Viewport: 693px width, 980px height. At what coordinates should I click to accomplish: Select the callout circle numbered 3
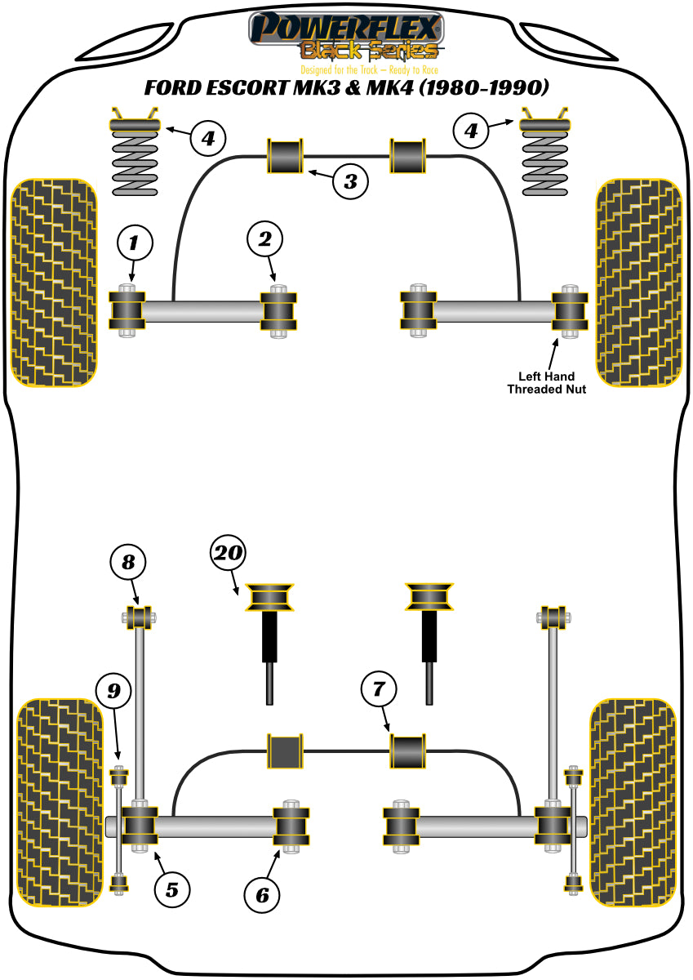(350, 180)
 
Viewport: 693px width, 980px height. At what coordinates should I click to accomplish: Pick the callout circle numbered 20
(229, 554)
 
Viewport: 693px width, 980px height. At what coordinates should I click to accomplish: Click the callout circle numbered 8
(129, 562)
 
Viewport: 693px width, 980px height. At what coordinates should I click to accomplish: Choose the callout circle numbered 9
(113, 692)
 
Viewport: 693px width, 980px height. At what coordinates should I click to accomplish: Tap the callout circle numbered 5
(171, 889)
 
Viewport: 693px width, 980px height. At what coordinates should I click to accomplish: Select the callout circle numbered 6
(262, 896)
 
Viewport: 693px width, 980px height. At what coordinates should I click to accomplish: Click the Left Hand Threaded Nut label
(547, 382)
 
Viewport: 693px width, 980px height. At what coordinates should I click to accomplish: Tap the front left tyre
(54, 281)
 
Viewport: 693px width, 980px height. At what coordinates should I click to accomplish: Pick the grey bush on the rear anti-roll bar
(285, 751)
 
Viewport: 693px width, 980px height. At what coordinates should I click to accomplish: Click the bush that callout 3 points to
(287, 156)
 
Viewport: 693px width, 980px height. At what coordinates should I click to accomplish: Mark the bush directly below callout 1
(127, 311)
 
